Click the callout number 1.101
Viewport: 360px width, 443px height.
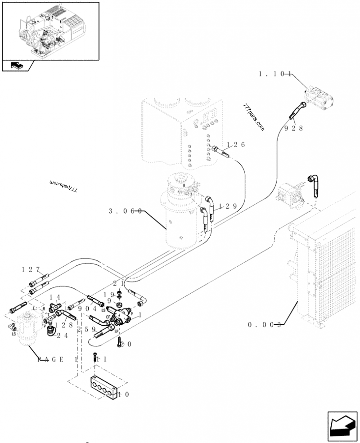(x=275, y=74)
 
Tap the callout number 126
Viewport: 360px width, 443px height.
(x=236, y=145)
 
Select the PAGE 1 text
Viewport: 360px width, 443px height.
(x=58, y=359)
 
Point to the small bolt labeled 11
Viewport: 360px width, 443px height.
(x=95, y=358)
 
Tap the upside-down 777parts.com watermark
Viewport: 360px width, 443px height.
(x=63, y=186)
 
